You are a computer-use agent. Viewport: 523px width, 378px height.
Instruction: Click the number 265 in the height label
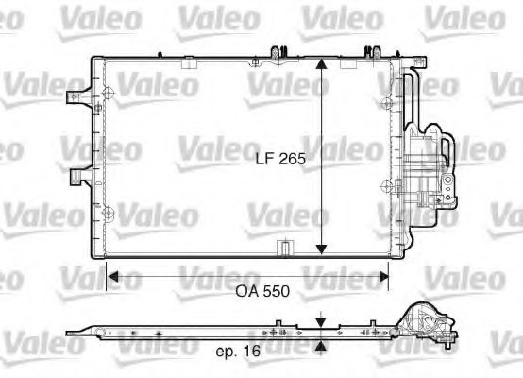pyautogui.click(x=293, y=160)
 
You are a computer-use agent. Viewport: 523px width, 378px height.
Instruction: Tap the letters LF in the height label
pyautogui.click(x=267, y=160)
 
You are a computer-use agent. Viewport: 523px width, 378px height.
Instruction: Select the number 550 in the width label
pyautogui.click(x=275, y=292)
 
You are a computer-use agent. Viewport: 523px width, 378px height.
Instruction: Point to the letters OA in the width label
pyautogui.click(x=246, y=292)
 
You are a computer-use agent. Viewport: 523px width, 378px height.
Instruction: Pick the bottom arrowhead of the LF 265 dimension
pyautogui.click(x=323, y=247)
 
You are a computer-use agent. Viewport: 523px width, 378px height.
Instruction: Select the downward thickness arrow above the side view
pyautogui.click(x=323, y=321)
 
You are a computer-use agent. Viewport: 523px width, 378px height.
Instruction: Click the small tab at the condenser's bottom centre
pyautogui.click(x=281, y=248)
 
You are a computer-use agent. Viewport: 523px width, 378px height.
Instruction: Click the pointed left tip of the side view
pyautogui.click(x=72, y=333)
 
